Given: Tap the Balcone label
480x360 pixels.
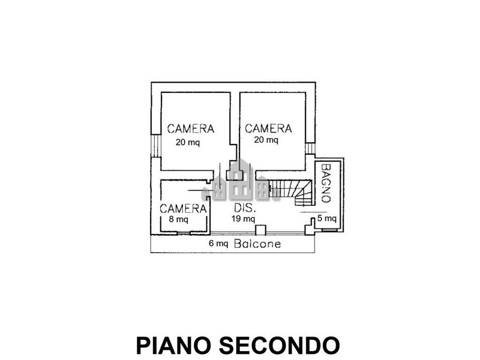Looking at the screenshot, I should tap(257, 244).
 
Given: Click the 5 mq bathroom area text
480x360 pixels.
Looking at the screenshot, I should tap(327, 218).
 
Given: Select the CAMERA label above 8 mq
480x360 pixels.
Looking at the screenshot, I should tap(183, 209).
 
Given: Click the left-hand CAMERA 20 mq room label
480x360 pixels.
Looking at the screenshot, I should tap(191, 128).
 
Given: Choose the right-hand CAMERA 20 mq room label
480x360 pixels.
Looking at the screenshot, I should tap(268, 128).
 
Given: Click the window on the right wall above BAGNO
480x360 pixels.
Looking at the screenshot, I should tap(310, 148).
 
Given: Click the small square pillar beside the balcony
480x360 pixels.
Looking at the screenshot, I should tap(260, 230).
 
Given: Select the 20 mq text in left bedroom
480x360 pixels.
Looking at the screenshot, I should tap(188, 143).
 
